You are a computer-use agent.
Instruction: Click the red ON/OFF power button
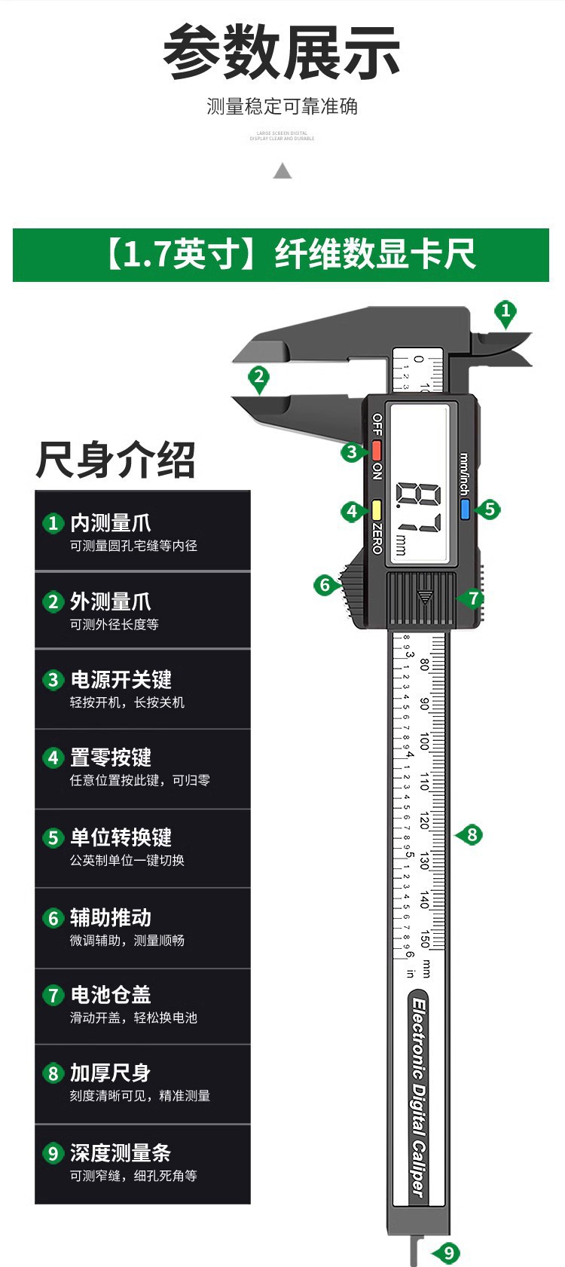376,451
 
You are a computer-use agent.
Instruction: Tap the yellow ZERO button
376,510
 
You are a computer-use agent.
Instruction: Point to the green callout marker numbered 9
448,1253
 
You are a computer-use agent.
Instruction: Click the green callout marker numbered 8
472,834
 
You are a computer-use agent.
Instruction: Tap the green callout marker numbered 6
325,585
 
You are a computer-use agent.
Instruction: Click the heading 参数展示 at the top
282,53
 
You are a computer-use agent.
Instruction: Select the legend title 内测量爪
111,522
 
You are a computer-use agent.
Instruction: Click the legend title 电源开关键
121,679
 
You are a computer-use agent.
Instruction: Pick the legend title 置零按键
111,757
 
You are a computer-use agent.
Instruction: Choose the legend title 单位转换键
121,837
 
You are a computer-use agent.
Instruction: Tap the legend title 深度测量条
121,1152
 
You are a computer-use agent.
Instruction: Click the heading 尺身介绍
115,460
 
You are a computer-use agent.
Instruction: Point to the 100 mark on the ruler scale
424,742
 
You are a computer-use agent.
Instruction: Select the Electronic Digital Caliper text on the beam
419,1097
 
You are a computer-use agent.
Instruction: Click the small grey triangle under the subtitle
282,171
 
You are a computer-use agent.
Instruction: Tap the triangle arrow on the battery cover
425,597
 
